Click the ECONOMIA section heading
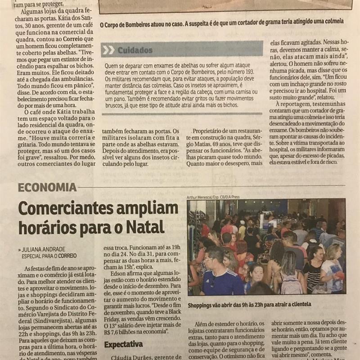(47, 187)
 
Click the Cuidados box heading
(135, 50)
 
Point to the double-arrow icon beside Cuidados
(108, 50)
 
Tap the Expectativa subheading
(124, 345)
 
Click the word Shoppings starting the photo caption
(204, 305)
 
